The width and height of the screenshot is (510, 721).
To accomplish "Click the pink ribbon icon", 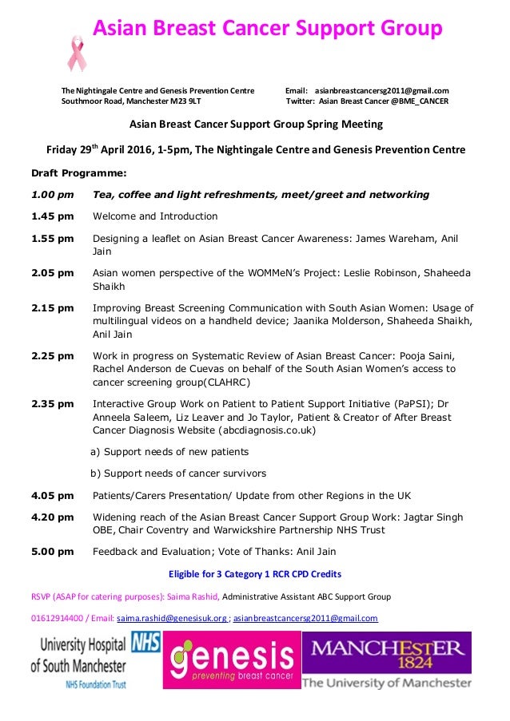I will [78, 53].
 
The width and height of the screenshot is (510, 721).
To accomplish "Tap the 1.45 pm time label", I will [52, 216].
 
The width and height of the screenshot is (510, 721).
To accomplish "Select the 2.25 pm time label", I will [52, 355].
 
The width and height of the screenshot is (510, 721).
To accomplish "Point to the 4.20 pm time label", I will [52, 517].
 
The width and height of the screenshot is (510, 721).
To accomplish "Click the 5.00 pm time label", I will [52, 552].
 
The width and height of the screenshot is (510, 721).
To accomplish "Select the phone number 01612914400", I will [57, 618].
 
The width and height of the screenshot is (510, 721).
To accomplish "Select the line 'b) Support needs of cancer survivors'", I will [178, 473].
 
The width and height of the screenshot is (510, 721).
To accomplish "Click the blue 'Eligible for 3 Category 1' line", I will [254, 574].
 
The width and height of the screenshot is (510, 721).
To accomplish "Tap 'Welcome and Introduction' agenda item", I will [155, 216].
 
